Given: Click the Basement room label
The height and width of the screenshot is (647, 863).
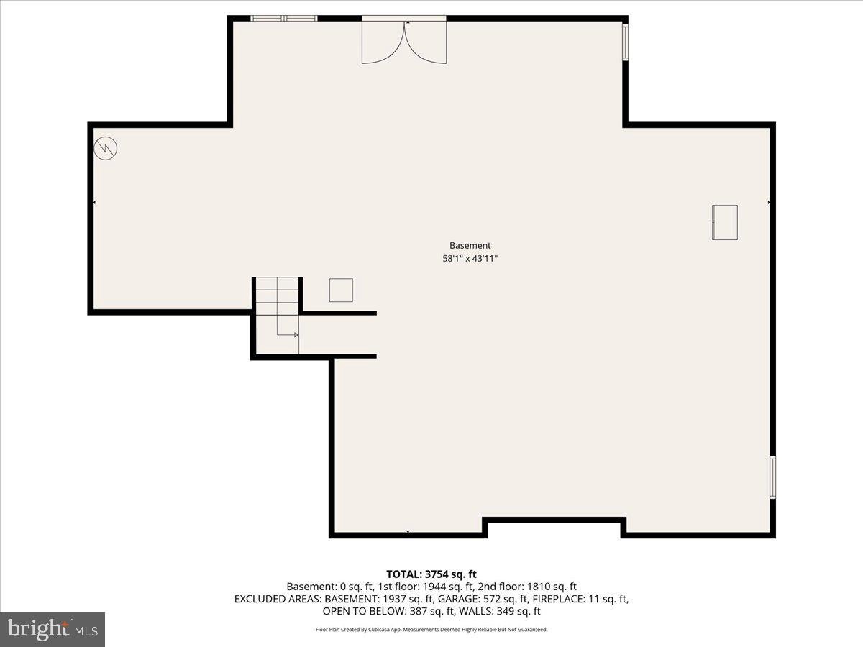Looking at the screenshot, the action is click(470, 246).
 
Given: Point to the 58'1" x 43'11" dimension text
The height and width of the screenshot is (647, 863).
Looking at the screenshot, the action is click(470, 259).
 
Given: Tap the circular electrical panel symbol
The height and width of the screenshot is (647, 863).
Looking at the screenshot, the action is click(106, 149).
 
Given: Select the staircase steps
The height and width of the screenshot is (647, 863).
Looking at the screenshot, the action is click(277, 296).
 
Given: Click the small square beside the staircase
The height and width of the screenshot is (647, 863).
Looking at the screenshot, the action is click(341, 290).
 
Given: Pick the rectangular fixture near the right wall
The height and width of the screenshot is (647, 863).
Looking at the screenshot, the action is click(725, 222).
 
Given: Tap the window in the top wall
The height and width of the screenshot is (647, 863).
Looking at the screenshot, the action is click(284, 19).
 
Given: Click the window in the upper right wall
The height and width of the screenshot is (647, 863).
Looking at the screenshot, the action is click(625, 42).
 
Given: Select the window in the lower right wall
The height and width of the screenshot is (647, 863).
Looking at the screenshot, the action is click(772, 477).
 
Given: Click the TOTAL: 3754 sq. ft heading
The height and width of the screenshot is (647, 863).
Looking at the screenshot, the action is click(431, 574).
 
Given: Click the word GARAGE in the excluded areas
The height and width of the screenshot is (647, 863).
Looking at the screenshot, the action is click(454, 599).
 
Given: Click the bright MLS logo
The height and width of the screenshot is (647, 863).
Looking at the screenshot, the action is click(52, 630).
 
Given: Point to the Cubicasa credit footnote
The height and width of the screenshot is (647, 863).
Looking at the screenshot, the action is click(431, 630).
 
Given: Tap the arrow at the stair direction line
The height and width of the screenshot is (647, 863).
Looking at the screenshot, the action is click(296, 335).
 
